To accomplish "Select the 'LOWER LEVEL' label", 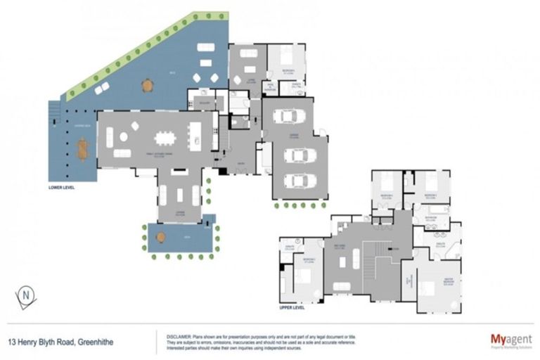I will tap(62, 188).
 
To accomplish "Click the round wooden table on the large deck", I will tap(147, 86).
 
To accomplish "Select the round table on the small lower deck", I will tap(161, 238).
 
